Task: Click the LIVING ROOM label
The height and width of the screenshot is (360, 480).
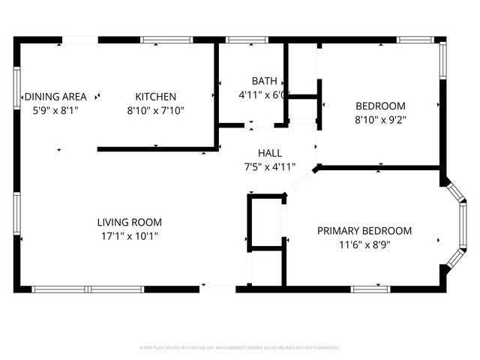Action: tap(129, 222)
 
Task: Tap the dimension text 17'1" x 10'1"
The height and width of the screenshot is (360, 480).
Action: tap(129, 235)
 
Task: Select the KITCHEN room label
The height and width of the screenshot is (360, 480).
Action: tap(155, 96)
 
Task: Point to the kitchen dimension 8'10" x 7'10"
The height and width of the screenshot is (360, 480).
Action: tap(155, 109)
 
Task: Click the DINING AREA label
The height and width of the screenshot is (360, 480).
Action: tap(56, 96)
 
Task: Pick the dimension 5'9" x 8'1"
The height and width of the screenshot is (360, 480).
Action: tap(56, 109)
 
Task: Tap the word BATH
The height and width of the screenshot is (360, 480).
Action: tap(264, 81)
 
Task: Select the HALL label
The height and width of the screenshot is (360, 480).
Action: tap(270, 153)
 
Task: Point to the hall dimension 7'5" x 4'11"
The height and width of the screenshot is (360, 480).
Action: tap(270, 166)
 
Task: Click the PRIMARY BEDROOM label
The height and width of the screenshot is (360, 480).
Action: tap(364, 231)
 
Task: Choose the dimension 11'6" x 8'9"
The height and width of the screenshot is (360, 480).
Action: tap(364, 244)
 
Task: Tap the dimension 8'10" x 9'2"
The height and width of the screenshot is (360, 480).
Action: tap(380, 118)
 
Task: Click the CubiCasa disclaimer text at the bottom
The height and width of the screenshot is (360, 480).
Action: tap(240, 347)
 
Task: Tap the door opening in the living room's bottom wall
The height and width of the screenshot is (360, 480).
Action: tap(219, 289)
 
